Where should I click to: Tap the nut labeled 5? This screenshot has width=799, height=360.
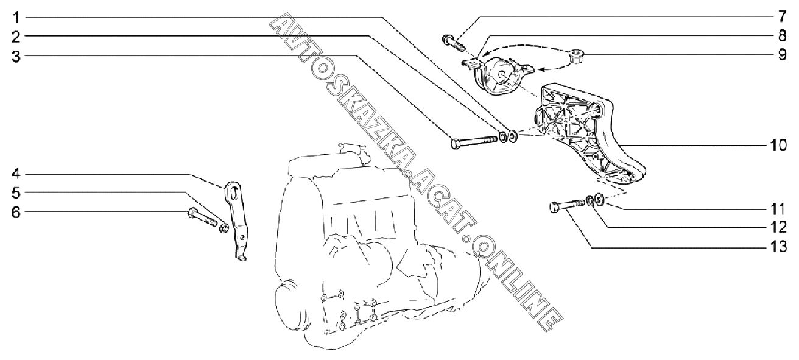pos(224,228)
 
